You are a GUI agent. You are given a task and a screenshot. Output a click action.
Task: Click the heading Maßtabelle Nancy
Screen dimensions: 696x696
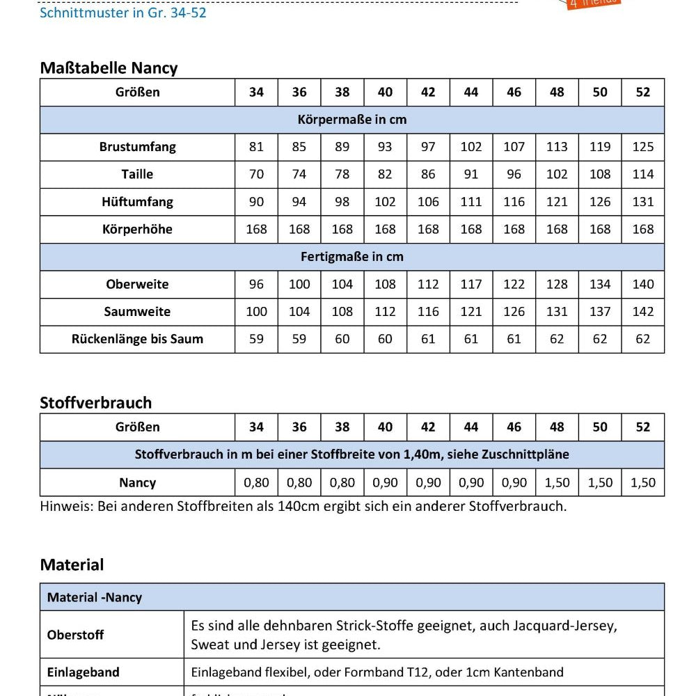point(109,68)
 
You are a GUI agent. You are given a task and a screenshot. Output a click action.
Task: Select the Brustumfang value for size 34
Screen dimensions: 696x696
point(256,147)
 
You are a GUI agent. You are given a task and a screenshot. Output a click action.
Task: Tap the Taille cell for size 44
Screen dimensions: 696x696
point(471,175)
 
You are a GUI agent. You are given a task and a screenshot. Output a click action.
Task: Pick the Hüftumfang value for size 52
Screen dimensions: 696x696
point(643,202)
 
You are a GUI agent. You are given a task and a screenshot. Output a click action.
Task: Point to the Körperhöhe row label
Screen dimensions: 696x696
point(137,229)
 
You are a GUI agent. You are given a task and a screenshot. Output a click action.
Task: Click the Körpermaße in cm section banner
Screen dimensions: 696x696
point(351,120)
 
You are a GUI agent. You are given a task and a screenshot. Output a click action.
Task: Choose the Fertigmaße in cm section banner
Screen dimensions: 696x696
point(351,257)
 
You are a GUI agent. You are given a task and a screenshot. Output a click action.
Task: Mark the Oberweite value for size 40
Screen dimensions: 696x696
point(385,284)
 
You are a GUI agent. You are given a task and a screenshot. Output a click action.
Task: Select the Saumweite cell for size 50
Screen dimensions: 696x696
point(600,312)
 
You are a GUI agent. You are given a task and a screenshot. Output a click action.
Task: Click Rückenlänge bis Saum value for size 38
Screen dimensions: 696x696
point(342,339)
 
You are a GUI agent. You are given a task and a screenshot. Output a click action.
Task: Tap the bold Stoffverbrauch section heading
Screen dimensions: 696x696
point(95,403)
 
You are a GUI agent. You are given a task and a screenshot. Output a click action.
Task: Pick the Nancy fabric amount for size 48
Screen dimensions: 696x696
point(557,482)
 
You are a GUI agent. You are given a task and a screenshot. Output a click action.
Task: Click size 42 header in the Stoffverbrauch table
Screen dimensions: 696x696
point(428,427)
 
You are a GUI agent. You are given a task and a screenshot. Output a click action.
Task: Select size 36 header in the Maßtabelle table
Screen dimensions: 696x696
point(299,92)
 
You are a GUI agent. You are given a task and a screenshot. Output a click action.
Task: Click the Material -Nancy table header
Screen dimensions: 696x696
point(95,597)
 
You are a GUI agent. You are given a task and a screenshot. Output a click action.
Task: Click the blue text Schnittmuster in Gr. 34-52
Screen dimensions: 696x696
point(123,13)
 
